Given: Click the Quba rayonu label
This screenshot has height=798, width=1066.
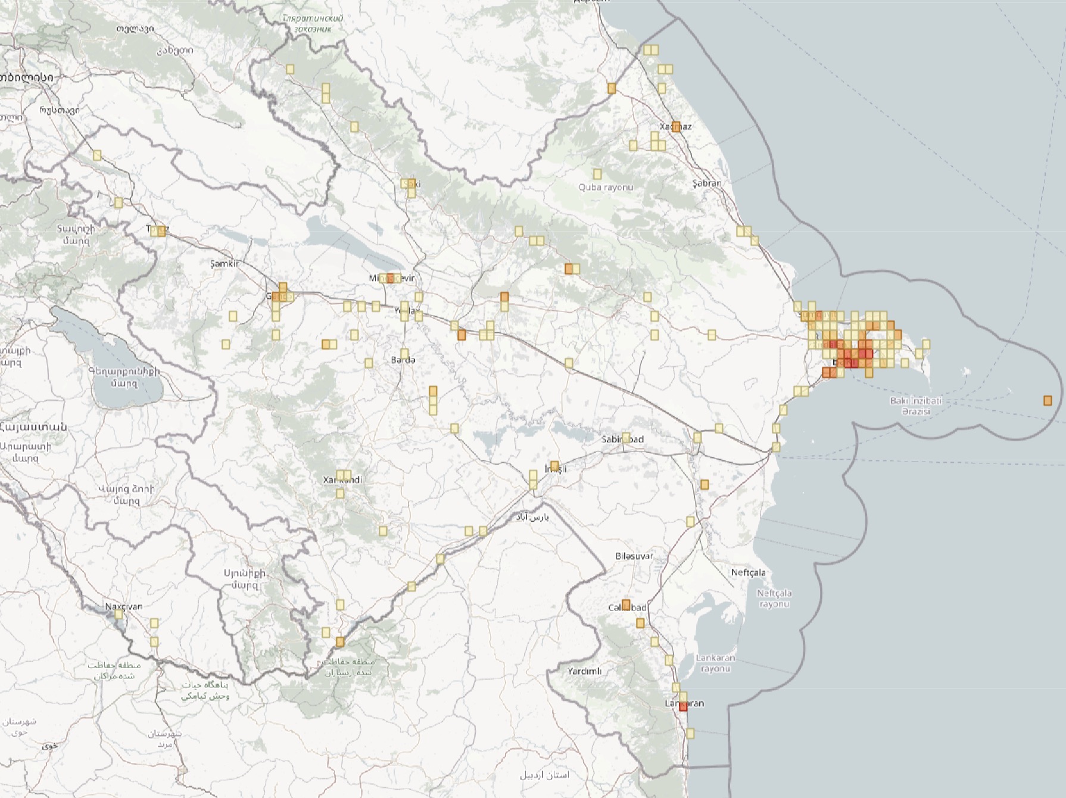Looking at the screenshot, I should click(x=606, y=187).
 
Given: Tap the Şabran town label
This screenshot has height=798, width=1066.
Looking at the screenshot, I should click(x=707, y=183).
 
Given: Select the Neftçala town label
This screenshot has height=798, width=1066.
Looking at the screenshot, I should click(x=749, y=572).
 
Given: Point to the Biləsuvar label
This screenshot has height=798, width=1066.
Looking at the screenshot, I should click(x=634, y=556).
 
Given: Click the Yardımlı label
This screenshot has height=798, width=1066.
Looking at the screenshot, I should click(x=584, y=671).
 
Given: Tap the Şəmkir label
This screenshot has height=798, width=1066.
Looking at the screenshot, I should click(x=225, y=263).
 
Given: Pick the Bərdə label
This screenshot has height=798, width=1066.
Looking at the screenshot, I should click(x=403, y=360).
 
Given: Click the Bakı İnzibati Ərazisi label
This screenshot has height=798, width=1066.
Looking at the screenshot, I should click(x=916, y=406).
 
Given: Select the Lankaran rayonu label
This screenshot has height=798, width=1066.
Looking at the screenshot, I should click(x=715, y=663).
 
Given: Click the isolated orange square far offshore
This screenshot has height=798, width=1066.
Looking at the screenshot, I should click(x=1048, y=401).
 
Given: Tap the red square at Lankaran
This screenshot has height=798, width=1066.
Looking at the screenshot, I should click(x=683, y=707).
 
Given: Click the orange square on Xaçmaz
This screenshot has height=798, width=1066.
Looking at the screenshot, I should click(x=676, y=126).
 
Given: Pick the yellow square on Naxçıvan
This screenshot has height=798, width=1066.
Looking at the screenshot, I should click(x=119, y=613).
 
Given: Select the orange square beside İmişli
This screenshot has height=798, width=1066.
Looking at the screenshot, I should click(x=554, y=465).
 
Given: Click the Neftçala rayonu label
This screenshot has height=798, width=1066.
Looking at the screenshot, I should click(x=774, y=598).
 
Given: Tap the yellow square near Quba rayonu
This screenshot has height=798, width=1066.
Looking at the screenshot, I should click(x=597, y=174).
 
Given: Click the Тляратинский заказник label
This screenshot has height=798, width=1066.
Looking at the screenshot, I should click(x=313, y=23).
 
